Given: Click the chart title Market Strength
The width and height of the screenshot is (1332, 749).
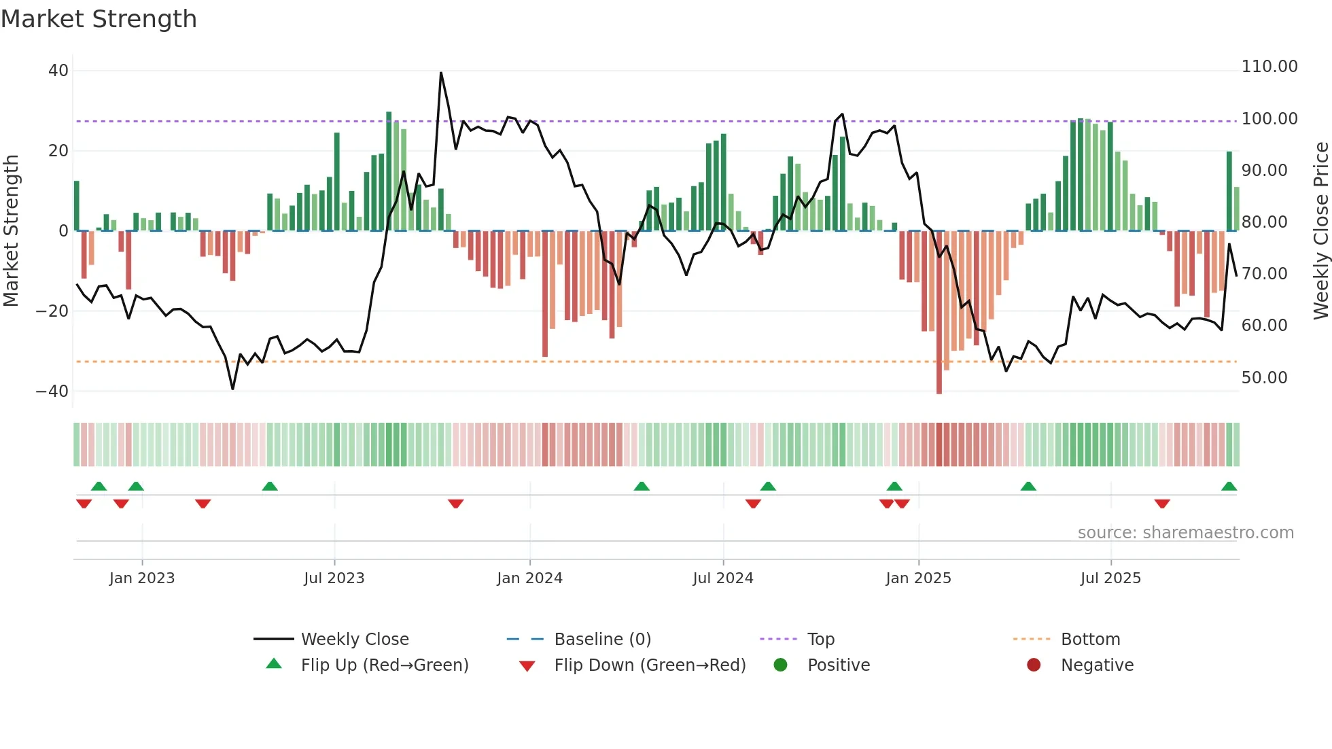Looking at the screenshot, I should point(99,19).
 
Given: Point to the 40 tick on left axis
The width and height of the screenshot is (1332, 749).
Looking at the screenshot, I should point(58,71).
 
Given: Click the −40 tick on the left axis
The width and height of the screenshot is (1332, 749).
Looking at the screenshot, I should point(52,391).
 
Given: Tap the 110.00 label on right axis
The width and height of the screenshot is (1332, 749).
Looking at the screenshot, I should point(1269,67).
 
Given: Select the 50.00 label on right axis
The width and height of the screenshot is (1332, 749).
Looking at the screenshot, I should point(1264,378).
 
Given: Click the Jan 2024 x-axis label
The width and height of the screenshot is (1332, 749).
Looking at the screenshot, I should point(529,578).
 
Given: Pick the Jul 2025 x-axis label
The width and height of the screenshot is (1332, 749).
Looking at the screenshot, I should point(1110,578).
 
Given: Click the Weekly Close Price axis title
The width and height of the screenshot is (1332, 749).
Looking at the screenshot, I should point(1320,231).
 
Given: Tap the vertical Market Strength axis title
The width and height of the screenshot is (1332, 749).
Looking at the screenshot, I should point(12,231).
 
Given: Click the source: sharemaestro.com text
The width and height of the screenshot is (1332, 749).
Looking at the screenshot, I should point(1185,533).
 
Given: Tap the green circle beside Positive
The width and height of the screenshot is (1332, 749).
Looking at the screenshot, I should point(780,665).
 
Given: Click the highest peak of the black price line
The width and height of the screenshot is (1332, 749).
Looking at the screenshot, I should point(441,73).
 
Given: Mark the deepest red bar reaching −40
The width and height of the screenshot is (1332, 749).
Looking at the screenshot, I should point(939,313).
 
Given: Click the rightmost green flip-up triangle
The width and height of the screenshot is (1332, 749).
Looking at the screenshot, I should point(1229,487).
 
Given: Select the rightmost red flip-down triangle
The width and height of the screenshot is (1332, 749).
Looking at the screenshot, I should point(1162,504).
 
